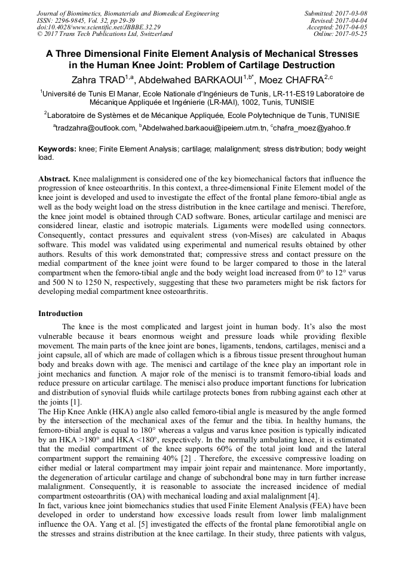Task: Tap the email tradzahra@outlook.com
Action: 95,128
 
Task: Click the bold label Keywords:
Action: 57,148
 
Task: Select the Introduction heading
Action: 60,313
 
